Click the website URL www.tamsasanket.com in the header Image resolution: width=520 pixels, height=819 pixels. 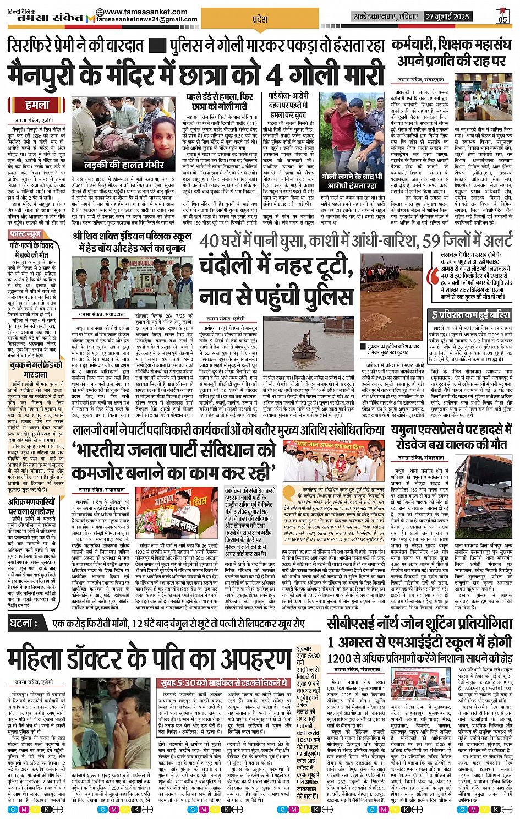(141, 12)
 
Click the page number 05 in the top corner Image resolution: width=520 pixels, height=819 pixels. (502, 17)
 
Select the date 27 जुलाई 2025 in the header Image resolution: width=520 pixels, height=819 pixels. (447, 17)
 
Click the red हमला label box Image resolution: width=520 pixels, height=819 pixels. (37, 105)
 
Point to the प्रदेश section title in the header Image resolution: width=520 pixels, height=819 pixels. (259, 19)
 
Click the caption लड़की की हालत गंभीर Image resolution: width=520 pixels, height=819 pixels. (124, 165)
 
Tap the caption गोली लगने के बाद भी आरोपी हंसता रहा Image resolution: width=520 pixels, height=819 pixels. (352, 181)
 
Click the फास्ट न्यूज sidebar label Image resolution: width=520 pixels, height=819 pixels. (26, 234)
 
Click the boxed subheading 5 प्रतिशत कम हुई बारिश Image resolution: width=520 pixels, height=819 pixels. (471, 314)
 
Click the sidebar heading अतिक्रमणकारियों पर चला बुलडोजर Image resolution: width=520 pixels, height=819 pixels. (31, 506)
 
